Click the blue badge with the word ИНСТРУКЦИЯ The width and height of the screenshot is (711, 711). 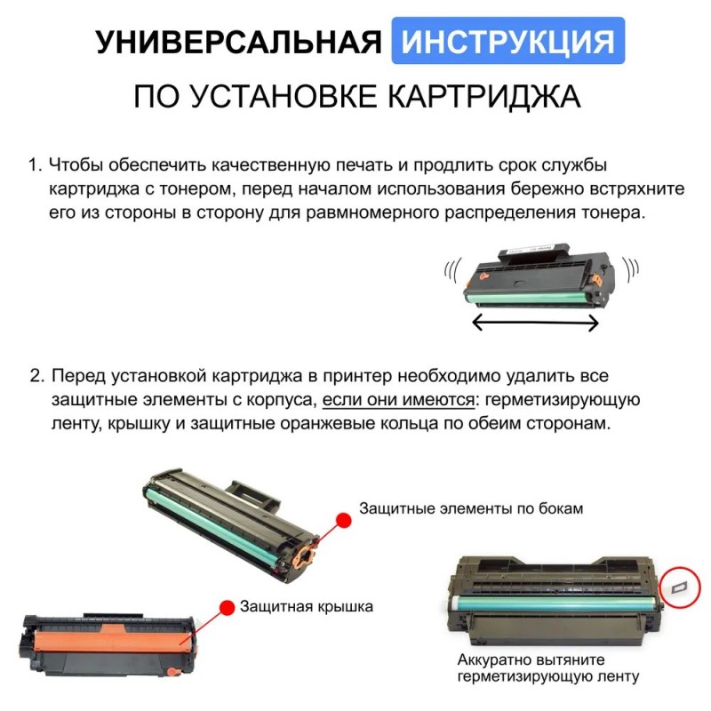pyautogui.click(x=507, y=41)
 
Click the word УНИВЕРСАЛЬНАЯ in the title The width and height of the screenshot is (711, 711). pyautogui.click(x=239, y=42)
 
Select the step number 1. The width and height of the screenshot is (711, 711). pyautogui.click(x=35, y=165)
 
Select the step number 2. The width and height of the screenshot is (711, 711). pyautogui.click(x=37, y=376)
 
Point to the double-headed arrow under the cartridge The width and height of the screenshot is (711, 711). pyautogui.click(x=536, y=323)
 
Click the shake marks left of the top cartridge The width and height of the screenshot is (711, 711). pyautogui.click(x=452, y=271)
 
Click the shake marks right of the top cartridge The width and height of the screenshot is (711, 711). pyautogui.click(x=631, y=270)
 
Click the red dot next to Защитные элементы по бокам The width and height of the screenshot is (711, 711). pyautogui.click(x=343, y=520)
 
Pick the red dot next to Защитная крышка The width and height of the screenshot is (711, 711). pyautogui.click(x=227, y=608)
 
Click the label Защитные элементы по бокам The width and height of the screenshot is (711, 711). pyautogui.click(x=471, y=508)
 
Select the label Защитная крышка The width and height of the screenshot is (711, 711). pyautogui.click(x=306, y=607)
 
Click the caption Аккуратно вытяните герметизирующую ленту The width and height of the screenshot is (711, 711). pyautogui.click(x=547, y=667)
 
